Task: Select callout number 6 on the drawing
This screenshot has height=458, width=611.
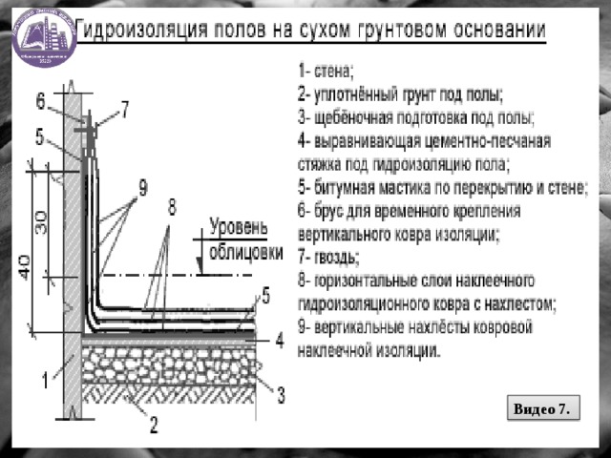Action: (41, 100)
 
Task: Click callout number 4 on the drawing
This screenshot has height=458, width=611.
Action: (279, 339)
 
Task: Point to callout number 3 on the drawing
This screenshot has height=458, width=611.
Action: (282, 392)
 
